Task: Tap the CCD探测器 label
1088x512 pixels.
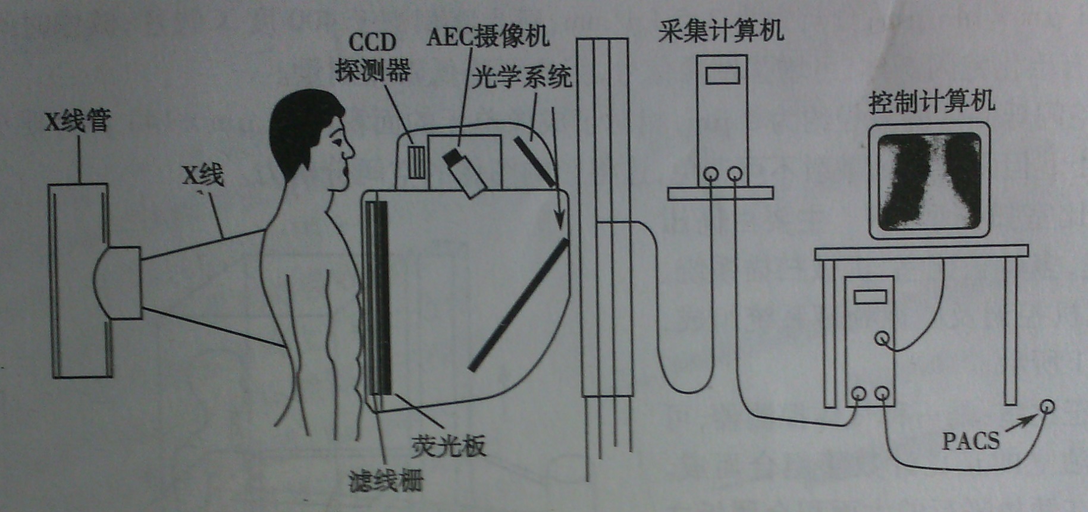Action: pyautogui.click(x=372, y=58)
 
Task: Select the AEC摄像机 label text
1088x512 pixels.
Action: pyautogui.click(x=488, y=36)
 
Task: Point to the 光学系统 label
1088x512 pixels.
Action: pyautogui.click(x=522, y=77)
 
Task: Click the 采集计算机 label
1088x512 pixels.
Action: pyautogui.click(x=720, y=30)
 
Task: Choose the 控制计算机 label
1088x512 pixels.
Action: pyautogui.click(x=932, y=102)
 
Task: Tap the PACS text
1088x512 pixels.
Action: pyautogui.click(x=971, y=441)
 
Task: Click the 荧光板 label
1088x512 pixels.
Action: pyautogui.click(x=449, y=445)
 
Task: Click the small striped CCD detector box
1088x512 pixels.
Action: pyautogui.click(x=418, y=161)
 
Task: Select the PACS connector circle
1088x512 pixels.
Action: pyautogui.click(x=1046, y=407)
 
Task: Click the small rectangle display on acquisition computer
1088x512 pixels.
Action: pyautogui.click(x=722, y=76)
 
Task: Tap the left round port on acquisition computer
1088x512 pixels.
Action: pyautogui.click(x=710, y=174)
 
